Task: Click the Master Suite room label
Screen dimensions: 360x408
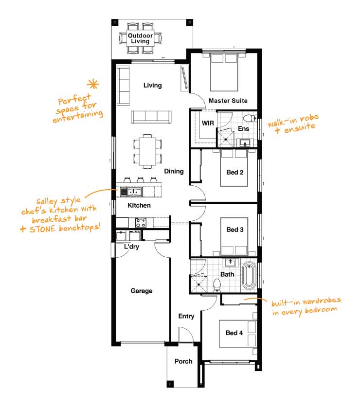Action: (228, 101)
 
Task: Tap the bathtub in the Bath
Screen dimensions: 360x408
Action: (250, 276)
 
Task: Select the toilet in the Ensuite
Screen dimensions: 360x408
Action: (250, 118)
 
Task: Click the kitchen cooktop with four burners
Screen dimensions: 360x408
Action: (141, 223)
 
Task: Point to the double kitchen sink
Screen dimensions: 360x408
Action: (134, 193)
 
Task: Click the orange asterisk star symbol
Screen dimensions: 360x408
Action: (93, 84)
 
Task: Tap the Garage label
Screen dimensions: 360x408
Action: (142, 291)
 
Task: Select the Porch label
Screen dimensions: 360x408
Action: (183, 361)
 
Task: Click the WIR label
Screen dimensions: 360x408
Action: (208, 123)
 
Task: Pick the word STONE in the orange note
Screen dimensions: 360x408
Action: (42, 229)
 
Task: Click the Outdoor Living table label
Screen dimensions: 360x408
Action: (140, 38)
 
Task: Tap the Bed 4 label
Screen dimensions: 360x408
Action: (234, 333)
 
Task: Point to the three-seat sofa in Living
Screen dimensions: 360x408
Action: (151, 117)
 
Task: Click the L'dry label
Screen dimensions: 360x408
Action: (131, 246)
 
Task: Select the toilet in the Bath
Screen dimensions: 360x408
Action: (216, 285)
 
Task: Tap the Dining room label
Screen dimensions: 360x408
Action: (174, 171)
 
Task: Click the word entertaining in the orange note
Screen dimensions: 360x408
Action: (78, 116)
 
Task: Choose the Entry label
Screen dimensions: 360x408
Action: (186, 316)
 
